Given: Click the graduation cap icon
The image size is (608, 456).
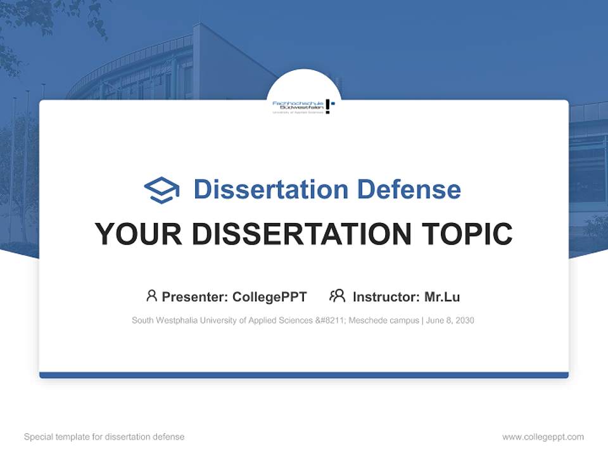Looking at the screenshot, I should [x=161, y=190].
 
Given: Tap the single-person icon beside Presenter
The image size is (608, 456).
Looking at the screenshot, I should [x=151, y=296].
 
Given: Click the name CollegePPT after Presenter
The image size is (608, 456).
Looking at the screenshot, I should [x=270, y=296].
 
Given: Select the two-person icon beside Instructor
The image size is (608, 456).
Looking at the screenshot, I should [x=337, y=296].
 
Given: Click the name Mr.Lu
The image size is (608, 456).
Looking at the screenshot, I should [x=442, y=296].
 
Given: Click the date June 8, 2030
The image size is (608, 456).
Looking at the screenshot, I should [x=450, y=320].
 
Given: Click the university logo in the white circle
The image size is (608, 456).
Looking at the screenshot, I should [x=303, y=106].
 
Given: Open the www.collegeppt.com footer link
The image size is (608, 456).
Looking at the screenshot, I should [x=543, y=437].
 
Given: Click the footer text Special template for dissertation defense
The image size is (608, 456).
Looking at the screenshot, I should [x=104, y=437].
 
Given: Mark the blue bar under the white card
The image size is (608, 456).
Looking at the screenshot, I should [x=304, y=375].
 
